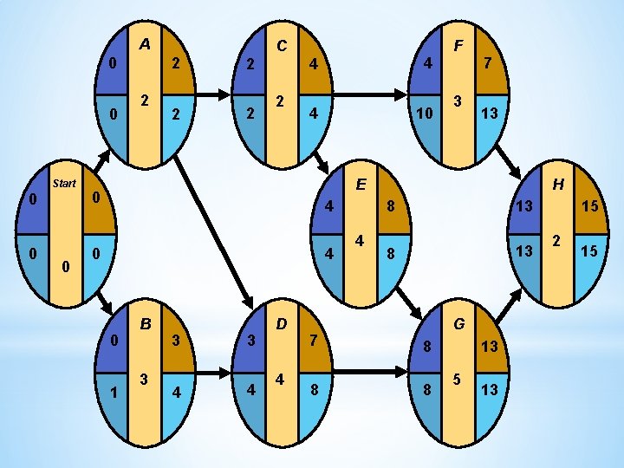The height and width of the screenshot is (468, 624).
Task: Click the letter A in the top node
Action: point(146,44)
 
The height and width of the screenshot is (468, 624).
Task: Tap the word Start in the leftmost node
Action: point(64,184)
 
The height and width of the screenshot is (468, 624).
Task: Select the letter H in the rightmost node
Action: point(558,185)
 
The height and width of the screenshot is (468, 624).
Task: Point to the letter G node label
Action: point(458,324)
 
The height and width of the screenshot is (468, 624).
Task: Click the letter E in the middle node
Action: point(361,185)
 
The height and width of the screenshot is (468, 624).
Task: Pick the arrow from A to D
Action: point(214,233)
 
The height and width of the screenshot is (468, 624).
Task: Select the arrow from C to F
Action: point(369,94)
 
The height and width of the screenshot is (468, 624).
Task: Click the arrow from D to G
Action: point(369,373)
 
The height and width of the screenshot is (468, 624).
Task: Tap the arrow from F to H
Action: point(508,162)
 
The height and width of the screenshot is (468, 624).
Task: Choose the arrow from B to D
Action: point(212,374)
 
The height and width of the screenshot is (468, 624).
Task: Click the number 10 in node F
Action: point(425,114)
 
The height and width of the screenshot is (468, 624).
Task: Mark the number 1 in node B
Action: point(114,393)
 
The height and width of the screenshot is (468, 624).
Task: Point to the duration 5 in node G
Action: point(458,380)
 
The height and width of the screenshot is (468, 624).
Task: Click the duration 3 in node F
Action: point(458,101)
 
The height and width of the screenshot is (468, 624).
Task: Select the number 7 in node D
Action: point(314,341)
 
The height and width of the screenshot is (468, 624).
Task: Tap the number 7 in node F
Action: point(487,63)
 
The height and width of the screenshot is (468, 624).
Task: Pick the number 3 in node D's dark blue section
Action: point(250,341)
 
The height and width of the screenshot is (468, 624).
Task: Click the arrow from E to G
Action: point(409,303)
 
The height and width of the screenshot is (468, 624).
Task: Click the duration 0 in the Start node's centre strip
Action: point(66,266)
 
